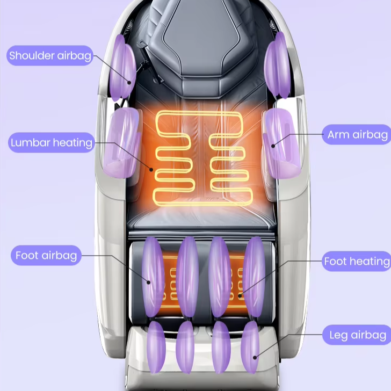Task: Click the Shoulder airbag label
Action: click(50, 55)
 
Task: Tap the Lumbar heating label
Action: click(52, 143)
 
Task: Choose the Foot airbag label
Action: click(46, 255)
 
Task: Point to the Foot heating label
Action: click(356, 262)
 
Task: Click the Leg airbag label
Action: click(357, 335)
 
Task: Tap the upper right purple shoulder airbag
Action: click(277, 66)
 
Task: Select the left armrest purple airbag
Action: click(124, 142)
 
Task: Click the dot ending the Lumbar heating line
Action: click(151, 170)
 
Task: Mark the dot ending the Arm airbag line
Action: click(273, 145)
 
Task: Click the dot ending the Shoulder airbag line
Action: click(129, 82)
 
